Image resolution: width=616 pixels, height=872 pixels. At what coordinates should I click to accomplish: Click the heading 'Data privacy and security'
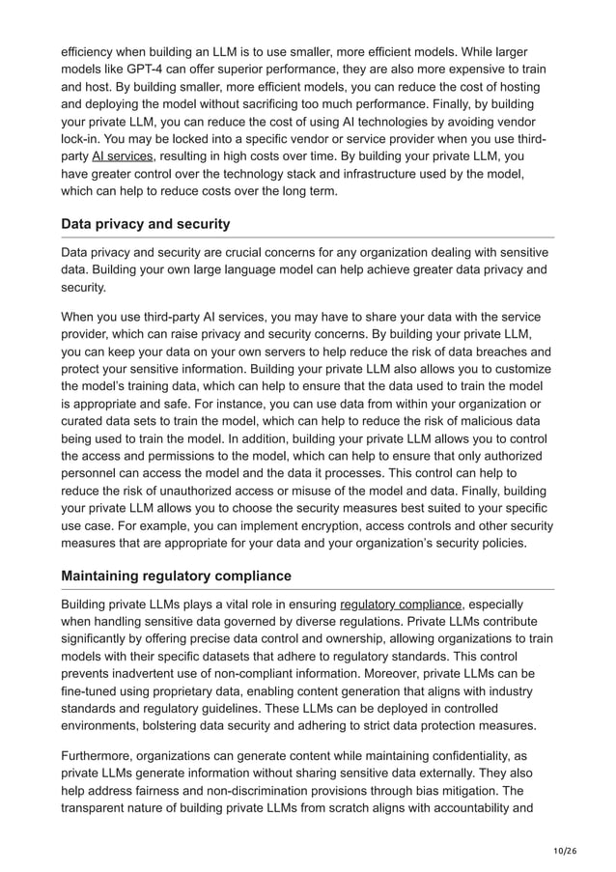(146, 224)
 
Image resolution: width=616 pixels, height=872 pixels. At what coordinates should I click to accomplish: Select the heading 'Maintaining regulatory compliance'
(176, 577)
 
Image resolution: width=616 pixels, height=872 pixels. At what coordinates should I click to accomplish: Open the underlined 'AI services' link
(123, 155)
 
